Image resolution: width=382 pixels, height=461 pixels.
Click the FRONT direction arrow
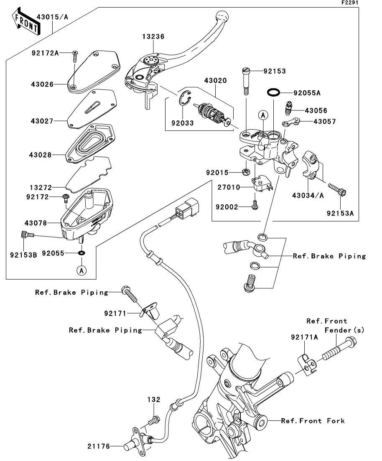tap(26, 21)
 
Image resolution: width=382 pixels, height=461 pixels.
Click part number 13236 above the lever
tap(153, 36)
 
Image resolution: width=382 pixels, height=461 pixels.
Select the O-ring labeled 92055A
tap(273, 92)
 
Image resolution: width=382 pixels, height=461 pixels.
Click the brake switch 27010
tap(261, 184)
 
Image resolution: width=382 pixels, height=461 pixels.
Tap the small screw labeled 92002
tap(255, 205)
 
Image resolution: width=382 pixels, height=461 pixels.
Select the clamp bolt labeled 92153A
tap(337, 189)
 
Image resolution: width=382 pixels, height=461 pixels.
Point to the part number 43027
tap(42, 121)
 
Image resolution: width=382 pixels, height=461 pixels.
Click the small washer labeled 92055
tap(81, 253)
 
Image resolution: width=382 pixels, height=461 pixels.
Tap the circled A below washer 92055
tap(81, 270)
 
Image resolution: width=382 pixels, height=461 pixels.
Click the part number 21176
tap(99, 446)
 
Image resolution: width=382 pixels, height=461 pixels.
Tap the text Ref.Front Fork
tap(313, 421)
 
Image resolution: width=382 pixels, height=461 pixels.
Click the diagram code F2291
tap(350, 3)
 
